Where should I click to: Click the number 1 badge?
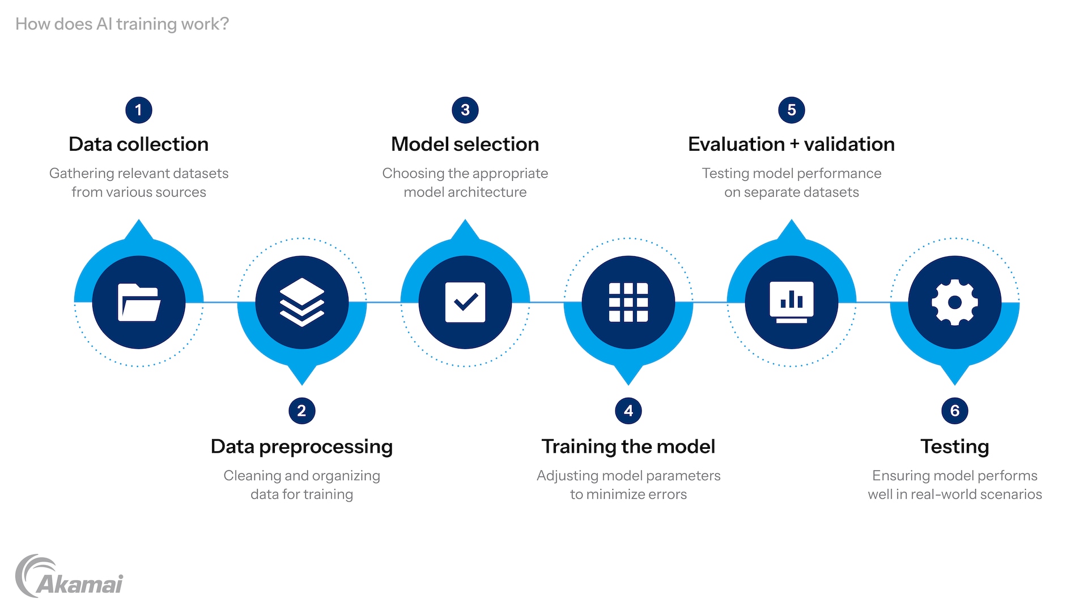click(139, 110)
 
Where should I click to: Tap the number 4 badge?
click(628, 411)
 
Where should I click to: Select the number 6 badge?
click(955, 411)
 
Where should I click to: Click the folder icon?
click(139, 303)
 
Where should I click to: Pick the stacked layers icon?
click(302, 303)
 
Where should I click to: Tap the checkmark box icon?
click(465, 303)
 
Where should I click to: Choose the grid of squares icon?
click(628, 303)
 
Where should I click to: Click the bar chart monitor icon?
click(792, 303)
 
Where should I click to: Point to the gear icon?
click(955, 303)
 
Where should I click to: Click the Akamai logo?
click(69, 576)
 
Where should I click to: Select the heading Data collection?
click(139, 144)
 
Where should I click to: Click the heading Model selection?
click(465, 144)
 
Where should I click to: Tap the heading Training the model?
click(628, 447)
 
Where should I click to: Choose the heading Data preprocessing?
click(302, 447)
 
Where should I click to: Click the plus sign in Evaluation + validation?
click(794, 145)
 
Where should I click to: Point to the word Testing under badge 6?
click(955, 447)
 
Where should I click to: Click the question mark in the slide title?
click(224, 24)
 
